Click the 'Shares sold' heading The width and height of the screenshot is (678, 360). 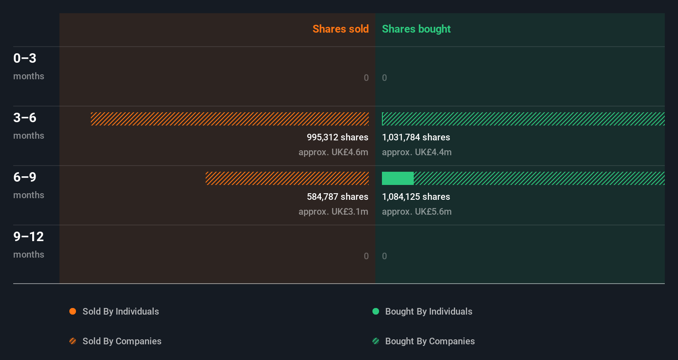pyautogui.click(x=340, y=29)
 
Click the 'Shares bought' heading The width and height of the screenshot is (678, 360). pyautogui.click(x=416, y=29)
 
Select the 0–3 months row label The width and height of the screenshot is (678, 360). pyautogui.click(x=28, y=66)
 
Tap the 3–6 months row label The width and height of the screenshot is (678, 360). pyautogui.click(x=28, y=126)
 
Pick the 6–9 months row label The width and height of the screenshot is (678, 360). pyautogui.click(x=28, y=185)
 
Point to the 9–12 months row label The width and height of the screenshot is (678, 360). pyautogui.click(x=28, y=244)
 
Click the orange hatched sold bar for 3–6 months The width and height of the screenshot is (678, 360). pyautogui.click(x=230, y=119)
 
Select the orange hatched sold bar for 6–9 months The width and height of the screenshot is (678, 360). pyautogui.click(x=287, y=178)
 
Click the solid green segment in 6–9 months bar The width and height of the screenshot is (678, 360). pyautogui.click(x=397, y=178)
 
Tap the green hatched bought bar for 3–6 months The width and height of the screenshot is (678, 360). pyautogui.click(x=523, y=119)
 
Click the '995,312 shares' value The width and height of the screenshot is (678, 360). pyautogui.click(x=337, y=137)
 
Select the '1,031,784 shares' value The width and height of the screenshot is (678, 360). pyautogui.click(x=416, y=137)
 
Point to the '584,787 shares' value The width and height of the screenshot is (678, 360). pyautogui.click(x=337, y=197)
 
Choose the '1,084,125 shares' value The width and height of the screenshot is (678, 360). pyautogui.click(x=416, y=197)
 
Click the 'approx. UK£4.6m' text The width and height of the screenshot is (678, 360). pyautogui.click(x=333, y=152)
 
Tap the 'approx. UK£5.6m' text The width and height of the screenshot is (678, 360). pyautogui.click(x=417, y=211)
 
